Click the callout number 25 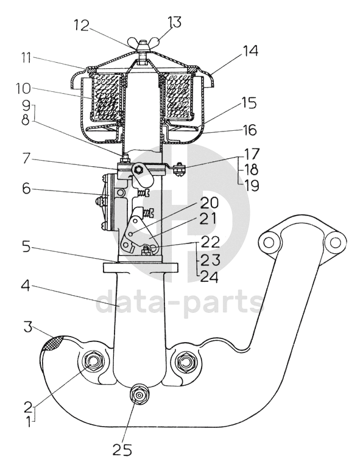[x=122, y=450]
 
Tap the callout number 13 [x=174, y=23]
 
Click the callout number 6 [x=26, y=189]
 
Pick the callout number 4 [x=26, y=285]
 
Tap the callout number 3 [x=27, y=328]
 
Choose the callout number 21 [x=208, y=220]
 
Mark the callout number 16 [x=249, y=130]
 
